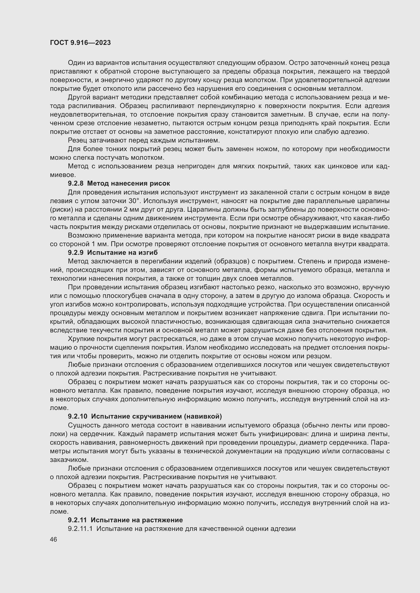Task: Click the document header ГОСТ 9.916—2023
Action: coord(80,43)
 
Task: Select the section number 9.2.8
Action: coord(75,183)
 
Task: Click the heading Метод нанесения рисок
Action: coord(128,183)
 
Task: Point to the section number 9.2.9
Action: coord(75,252)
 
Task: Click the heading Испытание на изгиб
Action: coord(122,252)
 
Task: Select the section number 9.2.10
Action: coord(77,416)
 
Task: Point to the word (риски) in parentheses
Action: coord(60,209)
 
